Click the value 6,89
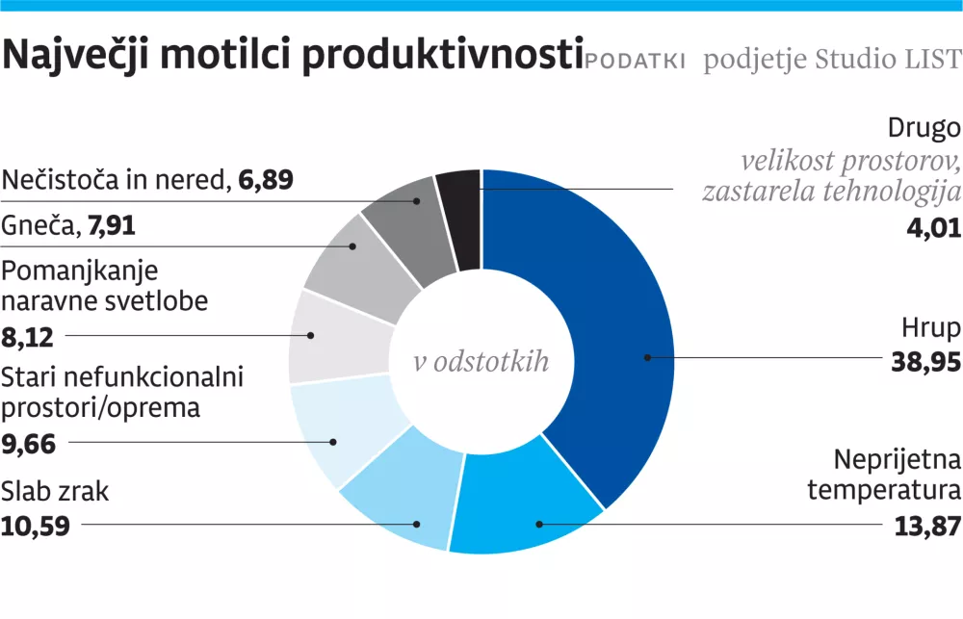[x=261, y=180]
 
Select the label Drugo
[x=924, y=128]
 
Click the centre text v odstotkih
[x=481, y=362]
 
